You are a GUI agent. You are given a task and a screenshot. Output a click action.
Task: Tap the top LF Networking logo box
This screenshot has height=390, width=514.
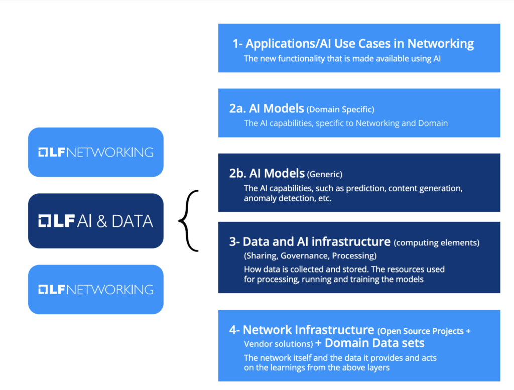[96, 152]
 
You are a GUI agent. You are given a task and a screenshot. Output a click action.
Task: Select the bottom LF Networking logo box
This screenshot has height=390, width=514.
[96, 289]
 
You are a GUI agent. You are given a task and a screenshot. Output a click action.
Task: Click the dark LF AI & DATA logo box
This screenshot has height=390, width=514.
[96, 221]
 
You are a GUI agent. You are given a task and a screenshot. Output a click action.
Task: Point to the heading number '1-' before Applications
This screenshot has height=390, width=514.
[237, 44]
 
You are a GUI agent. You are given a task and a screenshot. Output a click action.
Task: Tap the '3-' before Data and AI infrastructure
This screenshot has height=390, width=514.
[234, 242]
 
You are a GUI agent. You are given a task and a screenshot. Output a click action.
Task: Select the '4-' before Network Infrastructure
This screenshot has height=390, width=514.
[234, 330]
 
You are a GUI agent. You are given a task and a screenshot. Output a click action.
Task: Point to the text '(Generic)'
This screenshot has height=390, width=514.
[325, 175]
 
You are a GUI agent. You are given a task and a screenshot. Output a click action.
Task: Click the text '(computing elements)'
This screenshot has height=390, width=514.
[437, 243]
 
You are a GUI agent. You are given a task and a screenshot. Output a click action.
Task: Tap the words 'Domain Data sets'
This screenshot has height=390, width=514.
[374, 344]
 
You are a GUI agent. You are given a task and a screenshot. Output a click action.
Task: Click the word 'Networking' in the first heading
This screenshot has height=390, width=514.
[440, 44]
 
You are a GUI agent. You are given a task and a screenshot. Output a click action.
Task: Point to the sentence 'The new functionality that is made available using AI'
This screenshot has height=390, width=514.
[342, 59]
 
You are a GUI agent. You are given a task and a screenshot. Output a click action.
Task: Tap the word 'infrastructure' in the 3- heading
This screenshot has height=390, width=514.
[351, 242]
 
